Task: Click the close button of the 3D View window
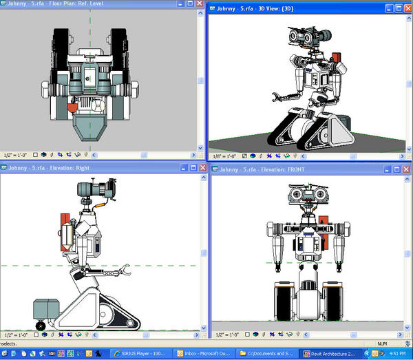click(407, 9)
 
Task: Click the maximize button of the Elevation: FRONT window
click(398, 169)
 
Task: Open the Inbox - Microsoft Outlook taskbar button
click(205, 353)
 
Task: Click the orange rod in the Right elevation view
click(103, 204)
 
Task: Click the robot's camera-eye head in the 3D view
click(306, 34)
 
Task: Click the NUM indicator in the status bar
click(381, 343)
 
